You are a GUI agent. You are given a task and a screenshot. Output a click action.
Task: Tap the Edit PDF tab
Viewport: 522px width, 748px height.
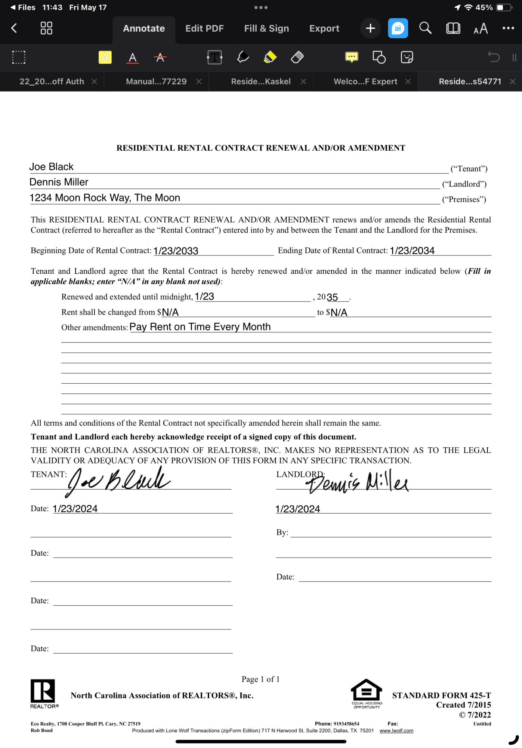coord(204,28)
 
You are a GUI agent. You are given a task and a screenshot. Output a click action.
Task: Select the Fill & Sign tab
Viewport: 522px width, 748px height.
coord(266,28)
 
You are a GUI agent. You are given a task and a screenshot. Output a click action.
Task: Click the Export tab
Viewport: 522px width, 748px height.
coord(324,28)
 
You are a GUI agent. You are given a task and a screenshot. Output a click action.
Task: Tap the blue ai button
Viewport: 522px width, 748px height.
coord(398,28)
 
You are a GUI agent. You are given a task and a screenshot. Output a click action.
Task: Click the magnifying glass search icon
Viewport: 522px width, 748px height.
coord(425,28)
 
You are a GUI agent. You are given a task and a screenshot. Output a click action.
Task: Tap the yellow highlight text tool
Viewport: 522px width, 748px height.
coord(105,57)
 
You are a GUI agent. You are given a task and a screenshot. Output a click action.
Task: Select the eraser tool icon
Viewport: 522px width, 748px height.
coord(297,57)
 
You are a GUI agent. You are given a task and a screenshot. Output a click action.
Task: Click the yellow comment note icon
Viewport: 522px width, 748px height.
coord(351,57)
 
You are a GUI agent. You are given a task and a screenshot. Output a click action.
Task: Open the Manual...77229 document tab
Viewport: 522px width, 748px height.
coord(156,82)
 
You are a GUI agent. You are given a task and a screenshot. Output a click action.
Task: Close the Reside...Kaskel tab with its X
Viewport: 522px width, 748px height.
coord(303,82)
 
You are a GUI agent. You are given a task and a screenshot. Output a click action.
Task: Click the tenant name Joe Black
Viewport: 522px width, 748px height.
coord(52,167)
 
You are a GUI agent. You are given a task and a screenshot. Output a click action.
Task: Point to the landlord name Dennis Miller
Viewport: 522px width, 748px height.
coord(59,182)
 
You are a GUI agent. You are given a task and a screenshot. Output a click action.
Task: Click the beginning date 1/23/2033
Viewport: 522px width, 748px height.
coord(176,251)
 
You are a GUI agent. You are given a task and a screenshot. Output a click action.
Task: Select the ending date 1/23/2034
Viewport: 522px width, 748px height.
coord(412,251)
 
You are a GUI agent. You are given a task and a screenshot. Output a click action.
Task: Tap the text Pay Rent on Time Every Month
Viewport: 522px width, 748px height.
coord(200,327)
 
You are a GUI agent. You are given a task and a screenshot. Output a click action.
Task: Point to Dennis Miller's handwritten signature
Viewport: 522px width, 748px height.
coord(357,482)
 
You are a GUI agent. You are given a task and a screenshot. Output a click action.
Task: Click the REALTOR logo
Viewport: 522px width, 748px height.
coord(43,693)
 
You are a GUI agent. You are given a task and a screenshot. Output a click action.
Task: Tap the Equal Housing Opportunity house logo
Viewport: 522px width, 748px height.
coord(367,693)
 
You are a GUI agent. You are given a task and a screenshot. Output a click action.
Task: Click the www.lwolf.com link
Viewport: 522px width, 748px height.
coord(396,731)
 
